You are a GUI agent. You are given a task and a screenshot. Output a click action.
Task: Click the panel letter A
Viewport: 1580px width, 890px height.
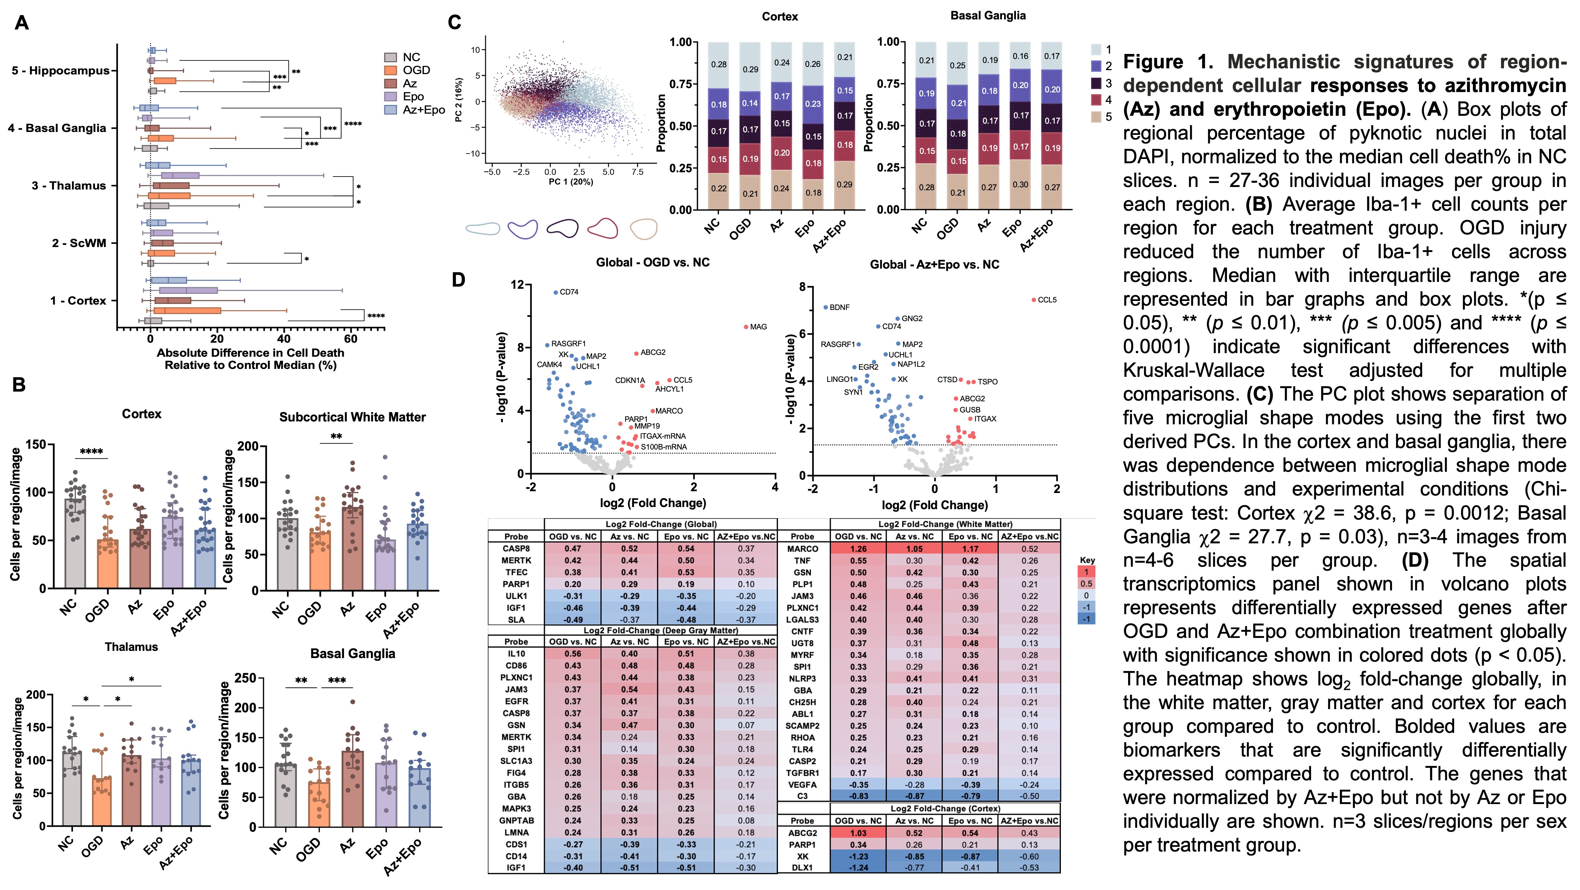point(22,23)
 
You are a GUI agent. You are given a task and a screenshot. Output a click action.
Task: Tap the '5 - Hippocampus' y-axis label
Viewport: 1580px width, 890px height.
point(60,70)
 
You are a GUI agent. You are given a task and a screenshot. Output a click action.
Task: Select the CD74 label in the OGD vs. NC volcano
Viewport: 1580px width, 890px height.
point(569,292)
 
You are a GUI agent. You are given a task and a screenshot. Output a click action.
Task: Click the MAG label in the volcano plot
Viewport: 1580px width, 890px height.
point(758,327)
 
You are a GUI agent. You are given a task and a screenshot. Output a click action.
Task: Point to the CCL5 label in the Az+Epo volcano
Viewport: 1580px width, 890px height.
point(1047,300)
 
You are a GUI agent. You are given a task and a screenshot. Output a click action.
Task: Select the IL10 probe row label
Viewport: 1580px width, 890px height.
point(516,654)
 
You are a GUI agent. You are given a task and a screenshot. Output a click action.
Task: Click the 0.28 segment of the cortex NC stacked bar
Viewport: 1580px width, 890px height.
point(718,64)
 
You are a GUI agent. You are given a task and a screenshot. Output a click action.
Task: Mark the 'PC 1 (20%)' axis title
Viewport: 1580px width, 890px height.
point(571,182)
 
